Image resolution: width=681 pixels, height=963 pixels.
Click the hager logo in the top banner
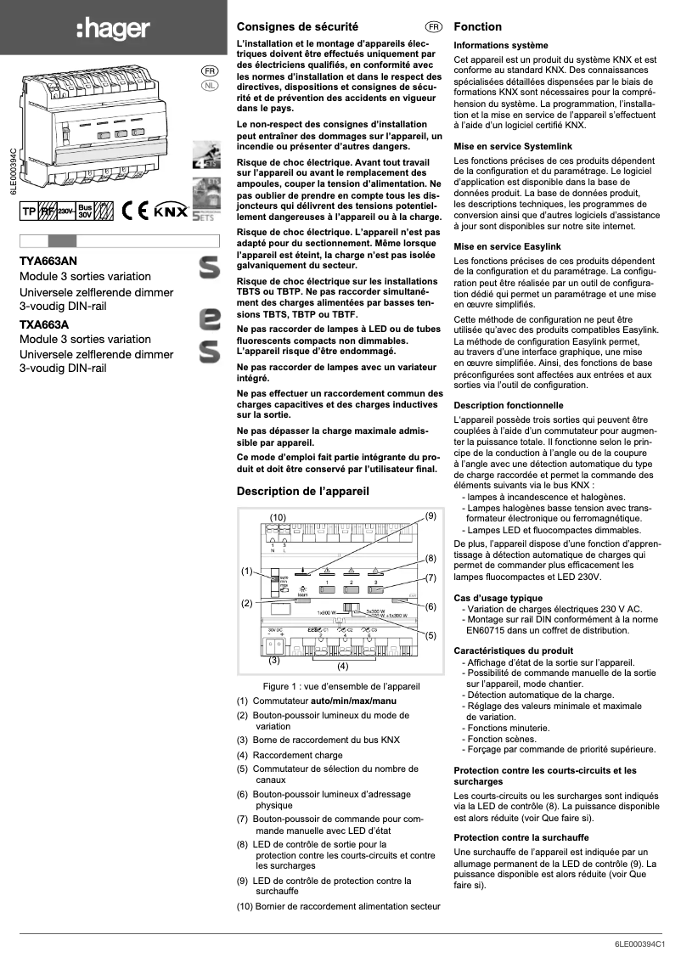(x=113, y=30)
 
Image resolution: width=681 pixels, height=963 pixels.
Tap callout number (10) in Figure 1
(x=278, y=517)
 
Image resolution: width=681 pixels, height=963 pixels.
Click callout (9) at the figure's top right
(x=431, y=515)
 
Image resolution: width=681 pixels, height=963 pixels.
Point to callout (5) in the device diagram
(x=431, y=634)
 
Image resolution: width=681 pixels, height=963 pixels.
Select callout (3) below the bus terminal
(x=274, y=659)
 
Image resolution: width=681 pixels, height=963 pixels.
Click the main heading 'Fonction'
(x=478, y=27)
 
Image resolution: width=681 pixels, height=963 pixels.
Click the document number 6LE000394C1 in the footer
(x=643, y=943)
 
